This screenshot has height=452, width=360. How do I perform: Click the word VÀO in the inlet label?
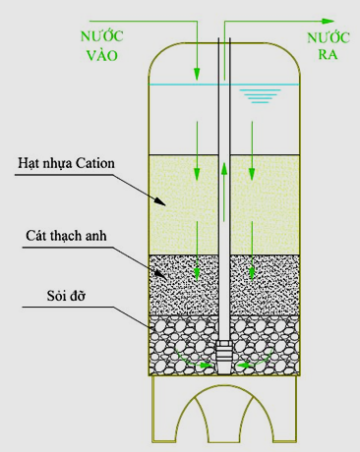pyautogui.click(x=101, y=56)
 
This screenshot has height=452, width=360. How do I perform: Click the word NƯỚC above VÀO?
pyautogui.click(x=100, y=36)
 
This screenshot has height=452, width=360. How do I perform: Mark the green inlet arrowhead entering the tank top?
pyautogui.click(x=198, y=75)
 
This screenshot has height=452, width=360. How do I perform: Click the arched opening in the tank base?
pyautogui.click(x=225, y=418)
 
